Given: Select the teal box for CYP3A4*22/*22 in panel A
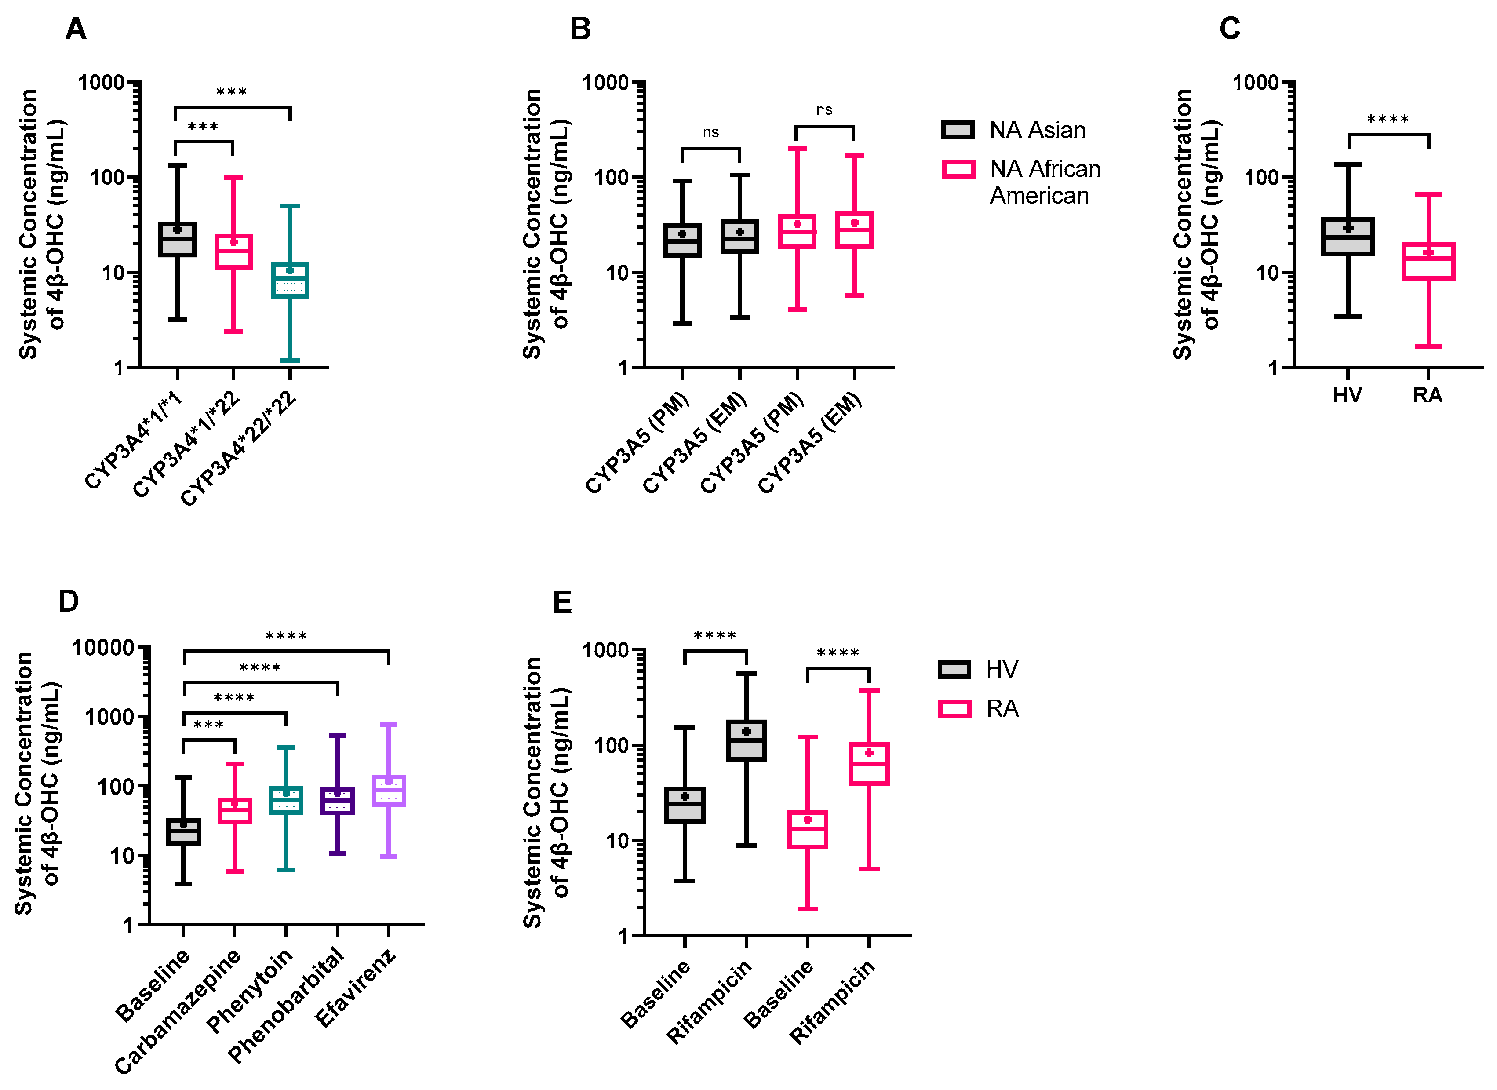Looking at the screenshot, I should click(x=290, y=281).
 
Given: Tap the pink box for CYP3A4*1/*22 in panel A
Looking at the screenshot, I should click(x=233, y=252).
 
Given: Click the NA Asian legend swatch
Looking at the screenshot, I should click(x=958, y=130).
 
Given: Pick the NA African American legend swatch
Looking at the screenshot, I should click(x=958, y=169).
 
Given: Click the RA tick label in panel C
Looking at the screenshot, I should click(x=1427, y=395).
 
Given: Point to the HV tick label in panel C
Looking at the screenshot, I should click(x=1347, y=395).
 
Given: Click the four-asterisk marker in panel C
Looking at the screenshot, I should click(x=1388, y=120).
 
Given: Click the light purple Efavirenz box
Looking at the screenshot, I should click(x=389, y=790).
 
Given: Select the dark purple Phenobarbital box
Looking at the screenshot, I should click(x=337, y=801).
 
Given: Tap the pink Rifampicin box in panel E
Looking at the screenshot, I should click(x=869, y=764).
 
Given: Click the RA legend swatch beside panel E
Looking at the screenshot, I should click(x=954, y=709).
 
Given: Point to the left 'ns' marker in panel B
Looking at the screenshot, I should click(x=710, y=133).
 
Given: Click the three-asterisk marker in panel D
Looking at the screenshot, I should click(x=208, y=725).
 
